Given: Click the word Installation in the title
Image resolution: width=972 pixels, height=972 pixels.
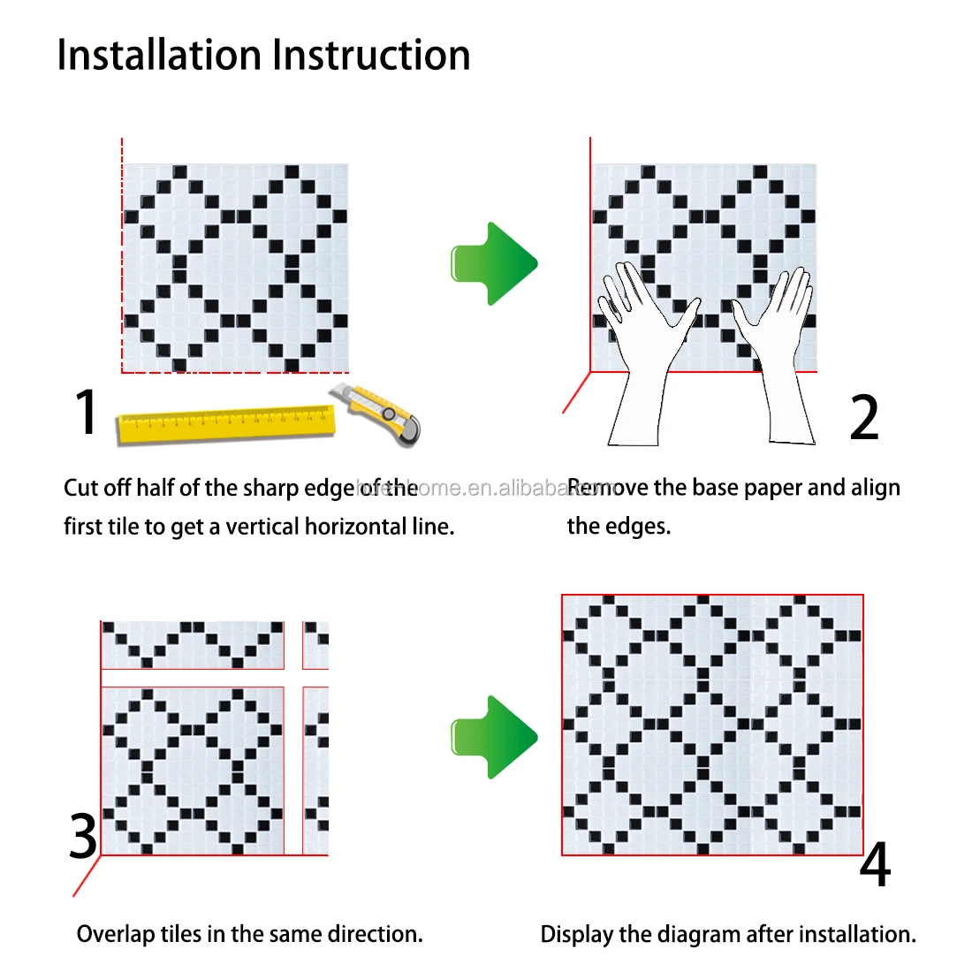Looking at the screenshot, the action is click(x=160, y=56).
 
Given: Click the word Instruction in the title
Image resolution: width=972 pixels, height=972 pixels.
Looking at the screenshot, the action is click(x=371, y=56).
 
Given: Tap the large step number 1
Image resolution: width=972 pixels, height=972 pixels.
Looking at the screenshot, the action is click(x=85, y=412).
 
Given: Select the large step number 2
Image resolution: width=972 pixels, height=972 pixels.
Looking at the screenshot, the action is click(x=864, y=418).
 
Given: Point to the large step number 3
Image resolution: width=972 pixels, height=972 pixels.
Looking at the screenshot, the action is click(x=83, y=836).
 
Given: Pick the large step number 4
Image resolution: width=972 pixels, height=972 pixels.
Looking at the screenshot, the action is click(x=875, y=865).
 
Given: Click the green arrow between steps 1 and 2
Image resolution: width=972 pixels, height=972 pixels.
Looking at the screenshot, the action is click(x=494, y=263).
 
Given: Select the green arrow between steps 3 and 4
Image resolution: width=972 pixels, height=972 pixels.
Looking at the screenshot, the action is click(x=494, y=737).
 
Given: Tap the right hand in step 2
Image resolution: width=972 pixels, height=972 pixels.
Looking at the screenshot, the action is click(x=778, y=345).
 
